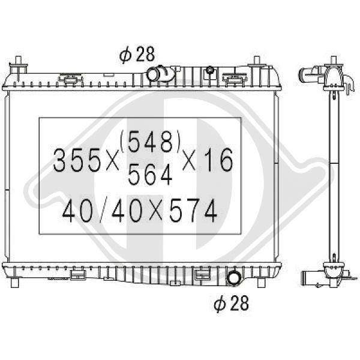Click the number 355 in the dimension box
pos(77,160)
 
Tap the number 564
pos(150,174)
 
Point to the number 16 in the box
pos(219,160)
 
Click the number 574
pos(193,211)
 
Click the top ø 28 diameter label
pos(137,55)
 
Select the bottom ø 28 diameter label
pos(231,303)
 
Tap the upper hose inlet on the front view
pos(152,74)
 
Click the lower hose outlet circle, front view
pos(233,278)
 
